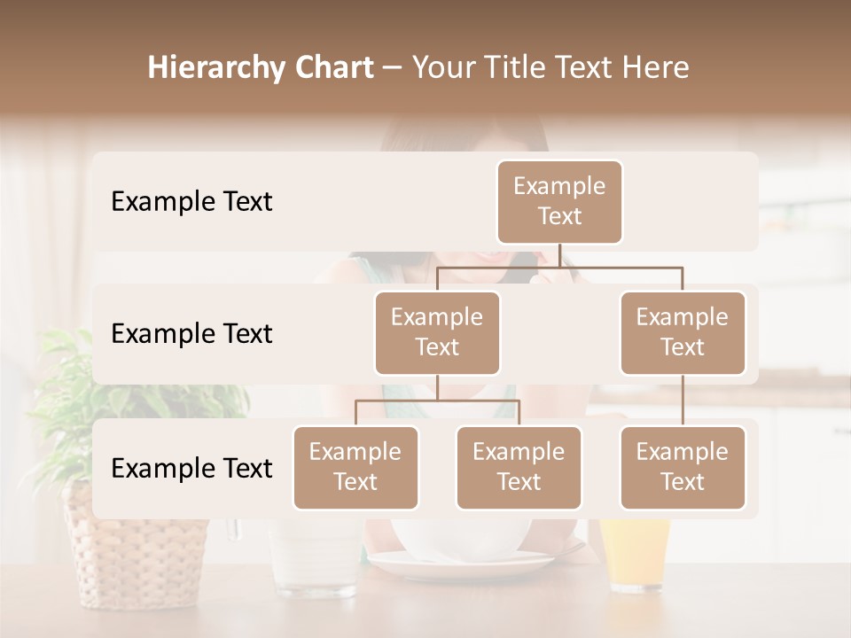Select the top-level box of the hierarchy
(559, 202)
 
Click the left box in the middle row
(437, 332)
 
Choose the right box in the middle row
(683, 332)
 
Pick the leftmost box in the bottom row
(355, 467)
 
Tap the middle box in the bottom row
(519, 467)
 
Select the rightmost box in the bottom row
(683, 467)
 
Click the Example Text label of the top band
(191, 202)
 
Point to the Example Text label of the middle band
(191, 334)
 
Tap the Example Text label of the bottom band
(191, 468)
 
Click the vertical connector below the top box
(559, 255)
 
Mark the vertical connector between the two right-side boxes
(683, 401)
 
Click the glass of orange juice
(636, 554)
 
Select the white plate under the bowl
(461, 564)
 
